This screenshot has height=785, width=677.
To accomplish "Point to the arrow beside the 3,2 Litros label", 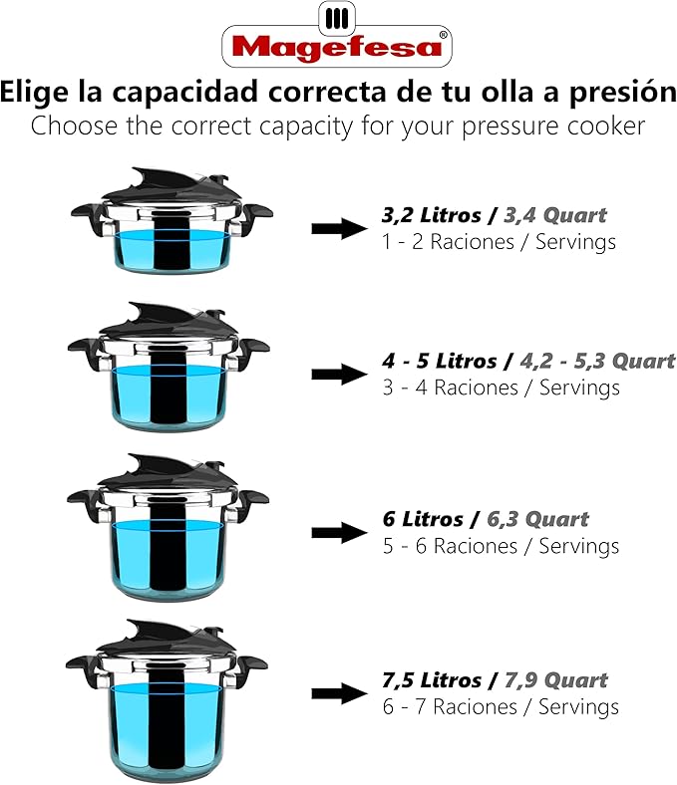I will point(339,228).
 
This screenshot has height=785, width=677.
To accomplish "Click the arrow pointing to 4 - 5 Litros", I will point(339,374).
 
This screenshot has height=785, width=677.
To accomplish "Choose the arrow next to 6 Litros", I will point(339,532).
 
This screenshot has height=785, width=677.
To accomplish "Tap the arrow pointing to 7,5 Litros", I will point(339,693).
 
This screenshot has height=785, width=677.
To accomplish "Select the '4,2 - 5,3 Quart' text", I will point(589,361).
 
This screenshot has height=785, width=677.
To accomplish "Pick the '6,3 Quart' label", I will point(537,519).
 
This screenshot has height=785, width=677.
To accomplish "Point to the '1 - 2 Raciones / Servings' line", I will point(499,242).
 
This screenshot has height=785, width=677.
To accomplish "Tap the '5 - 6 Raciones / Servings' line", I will point(501,547).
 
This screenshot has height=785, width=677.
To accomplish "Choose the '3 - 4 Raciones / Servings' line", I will point(501,389).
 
